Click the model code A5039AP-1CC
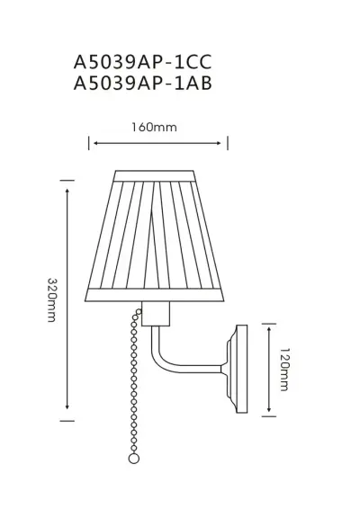coord(145,62)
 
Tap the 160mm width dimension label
coord(158,128)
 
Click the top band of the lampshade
coord(158,173)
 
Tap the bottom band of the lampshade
coord(158,295)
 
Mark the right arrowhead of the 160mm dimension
coord(224,141)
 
